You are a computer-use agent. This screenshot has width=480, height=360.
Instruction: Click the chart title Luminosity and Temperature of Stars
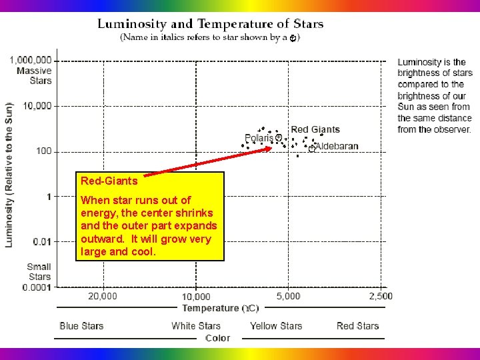(211, 24)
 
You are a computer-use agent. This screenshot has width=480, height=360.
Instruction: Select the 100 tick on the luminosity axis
(44, 151)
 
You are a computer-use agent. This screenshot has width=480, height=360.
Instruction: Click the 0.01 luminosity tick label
(42, 241)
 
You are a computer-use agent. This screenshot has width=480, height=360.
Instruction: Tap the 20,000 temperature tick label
(103, 296)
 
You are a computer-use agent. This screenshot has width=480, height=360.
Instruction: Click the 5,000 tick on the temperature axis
(288, 296)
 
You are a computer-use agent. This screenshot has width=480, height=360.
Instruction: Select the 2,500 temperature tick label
(381, 296)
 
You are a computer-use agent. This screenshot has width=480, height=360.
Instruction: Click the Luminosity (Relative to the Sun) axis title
(9, 175)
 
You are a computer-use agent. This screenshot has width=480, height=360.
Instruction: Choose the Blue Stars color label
(81, 326)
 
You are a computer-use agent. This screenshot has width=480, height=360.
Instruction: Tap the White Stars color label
(196, 326)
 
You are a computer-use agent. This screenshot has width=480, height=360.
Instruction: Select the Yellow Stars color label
(276, 326)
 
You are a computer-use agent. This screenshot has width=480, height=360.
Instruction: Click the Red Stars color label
(358, 326)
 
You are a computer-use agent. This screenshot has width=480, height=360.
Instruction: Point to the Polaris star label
(259, 138)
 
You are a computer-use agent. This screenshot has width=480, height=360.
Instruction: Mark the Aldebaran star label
(337, 146)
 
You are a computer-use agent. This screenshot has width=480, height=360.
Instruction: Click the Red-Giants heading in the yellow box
(109, 181)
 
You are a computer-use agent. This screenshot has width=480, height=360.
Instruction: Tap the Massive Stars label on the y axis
(35, 75)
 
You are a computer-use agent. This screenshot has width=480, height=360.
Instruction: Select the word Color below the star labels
(218, 338)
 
